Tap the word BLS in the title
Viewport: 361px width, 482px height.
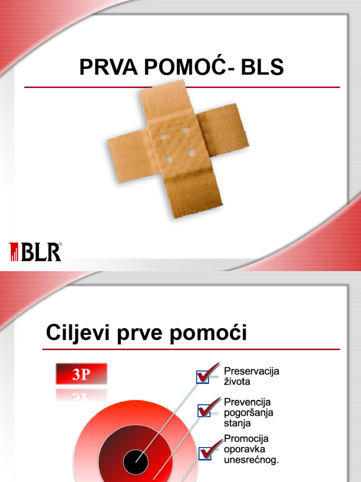262,68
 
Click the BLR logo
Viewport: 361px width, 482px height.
36,252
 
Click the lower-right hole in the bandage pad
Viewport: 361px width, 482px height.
192,152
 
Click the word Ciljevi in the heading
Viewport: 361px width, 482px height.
77,333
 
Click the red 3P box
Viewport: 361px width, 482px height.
81,375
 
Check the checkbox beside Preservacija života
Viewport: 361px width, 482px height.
203,377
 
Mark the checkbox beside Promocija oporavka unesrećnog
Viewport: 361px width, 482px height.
206,453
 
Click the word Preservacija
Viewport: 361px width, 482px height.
251,371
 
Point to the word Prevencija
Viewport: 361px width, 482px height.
248,402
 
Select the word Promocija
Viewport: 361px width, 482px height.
246,439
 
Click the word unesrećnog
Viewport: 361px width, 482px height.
251,459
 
